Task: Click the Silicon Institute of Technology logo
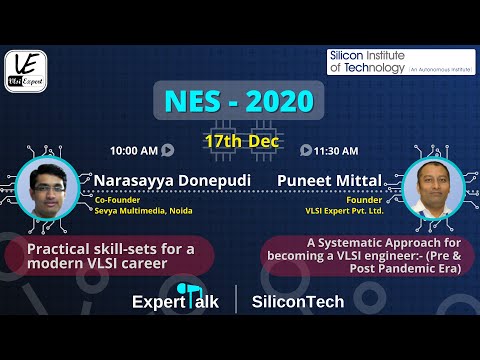click(x=397, y=62)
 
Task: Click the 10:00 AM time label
click(x=134, y=151)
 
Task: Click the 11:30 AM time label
click(x=336, y=151)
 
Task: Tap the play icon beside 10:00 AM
click(x=167, y=151)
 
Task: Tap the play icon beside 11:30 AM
click(x=305, y=151)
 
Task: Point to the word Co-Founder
click(x=116, y=199)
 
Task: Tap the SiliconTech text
click(x=298, y=301)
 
